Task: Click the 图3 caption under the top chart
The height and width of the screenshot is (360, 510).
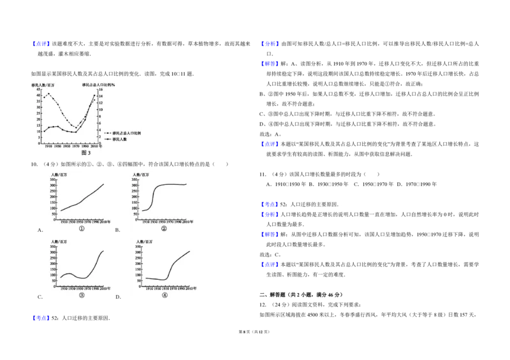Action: [x=85, y=153]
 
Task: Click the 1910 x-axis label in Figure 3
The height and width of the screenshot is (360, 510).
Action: [x=48, y=147]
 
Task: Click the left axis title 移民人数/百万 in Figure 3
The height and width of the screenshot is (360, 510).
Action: [x=38, y=85]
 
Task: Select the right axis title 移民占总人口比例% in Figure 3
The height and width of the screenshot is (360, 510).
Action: [x=98, y=85]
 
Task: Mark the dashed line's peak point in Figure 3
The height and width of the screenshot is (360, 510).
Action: [x=48, y=94]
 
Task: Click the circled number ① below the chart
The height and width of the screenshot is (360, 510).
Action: [x=82, y=228]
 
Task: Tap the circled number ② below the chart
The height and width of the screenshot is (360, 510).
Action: [x=164, y=228]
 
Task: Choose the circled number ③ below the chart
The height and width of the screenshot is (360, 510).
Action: [x=82, y=295]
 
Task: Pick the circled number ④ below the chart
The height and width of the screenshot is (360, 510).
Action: [x=164, y=295]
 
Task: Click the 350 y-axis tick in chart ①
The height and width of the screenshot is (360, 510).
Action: [x=54, y=180]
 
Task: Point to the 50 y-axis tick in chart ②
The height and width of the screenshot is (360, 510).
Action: [x=136, y=213]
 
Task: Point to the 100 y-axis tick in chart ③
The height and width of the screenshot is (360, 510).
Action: [x=54, y=273]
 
